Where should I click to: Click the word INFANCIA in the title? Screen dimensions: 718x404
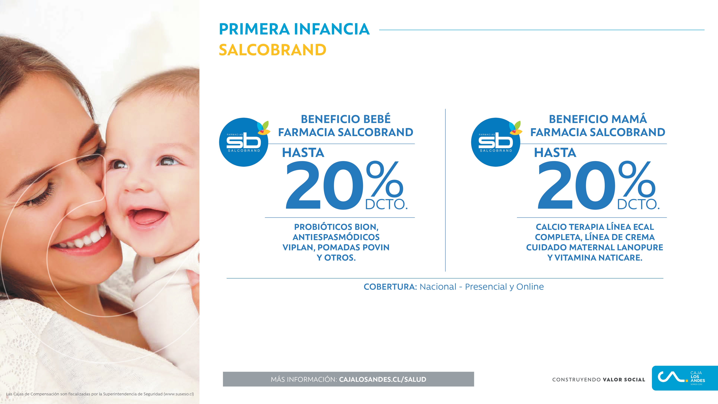point(332,29)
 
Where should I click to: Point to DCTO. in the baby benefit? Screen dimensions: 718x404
point(386,204)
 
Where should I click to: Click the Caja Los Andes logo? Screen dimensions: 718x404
point(685,378)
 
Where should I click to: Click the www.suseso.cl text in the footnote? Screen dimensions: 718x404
point(178,394)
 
